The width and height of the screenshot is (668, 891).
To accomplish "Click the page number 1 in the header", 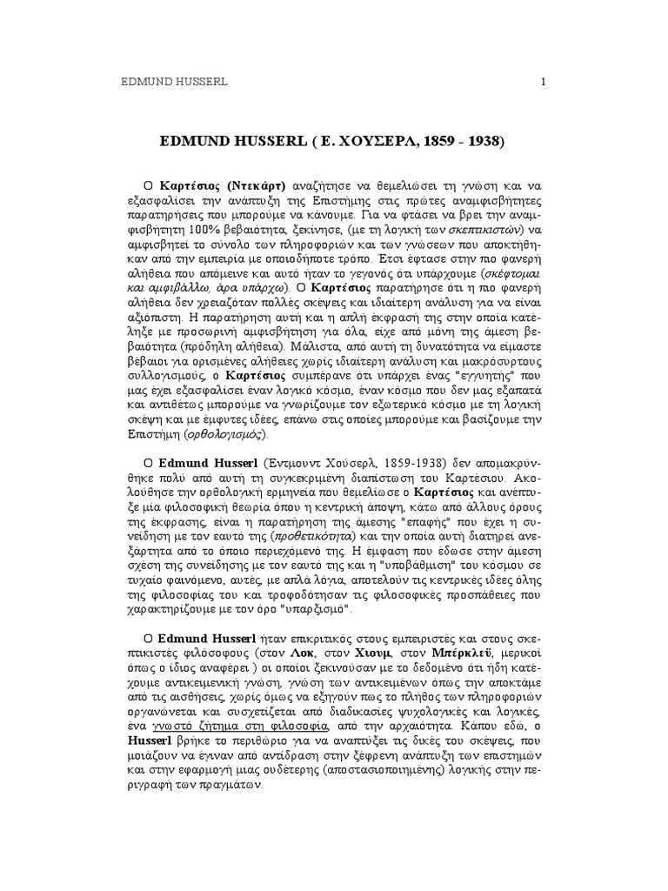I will [543, 83].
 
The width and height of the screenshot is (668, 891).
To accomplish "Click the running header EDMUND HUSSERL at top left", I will [172, 83].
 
